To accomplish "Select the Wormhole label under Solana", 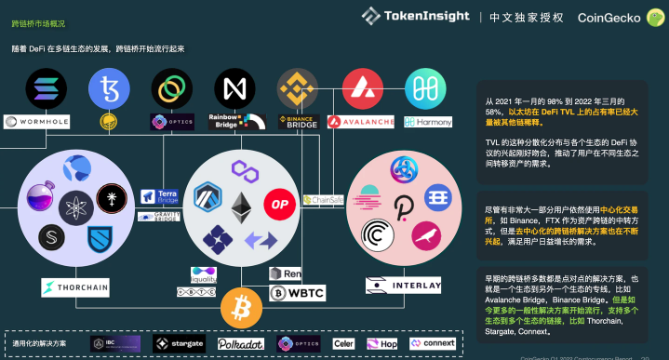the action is pos(37,121).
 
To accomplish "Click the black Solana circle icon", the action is pos(45,89).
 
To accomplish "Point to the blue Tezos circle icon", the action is pos(108,89).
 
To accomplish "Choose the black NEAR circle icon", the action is pos(234,89).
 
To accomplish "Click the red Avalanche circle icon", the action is pos(361,89).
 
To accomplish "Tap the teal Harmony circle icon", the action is pos(425,89).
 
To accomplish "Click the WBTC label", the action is pos(298,293).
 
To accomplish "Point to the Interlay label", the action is pos(403,286).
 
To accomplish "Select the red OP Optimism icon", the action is pos(278,203).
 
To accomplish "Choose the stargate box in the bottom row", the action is pos(179,343).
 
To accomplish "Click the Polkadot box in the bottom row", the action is pos(240,343).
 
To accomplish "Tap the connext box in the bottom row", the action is pos(434,343).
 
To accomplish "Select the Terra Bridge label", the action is pos(159,196).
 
